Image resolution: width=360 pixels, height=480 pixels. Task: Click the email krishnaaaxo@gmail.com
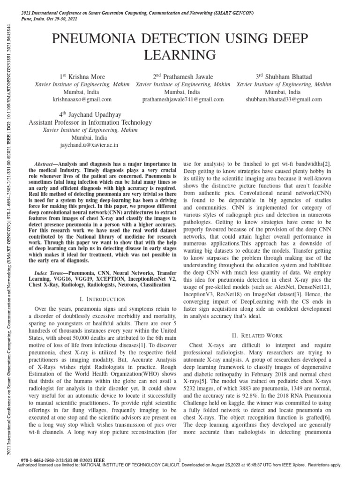(x=82, y=100)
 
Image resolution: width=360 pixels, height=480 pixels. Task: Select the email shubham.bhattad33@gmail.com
(x=284, y=100)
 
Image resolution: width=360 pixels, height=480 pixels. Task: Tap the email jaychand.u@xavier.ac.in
(x=82, y=146)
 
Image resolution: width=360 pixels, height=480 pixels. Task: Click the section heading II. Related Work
(x=257, y=336)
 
